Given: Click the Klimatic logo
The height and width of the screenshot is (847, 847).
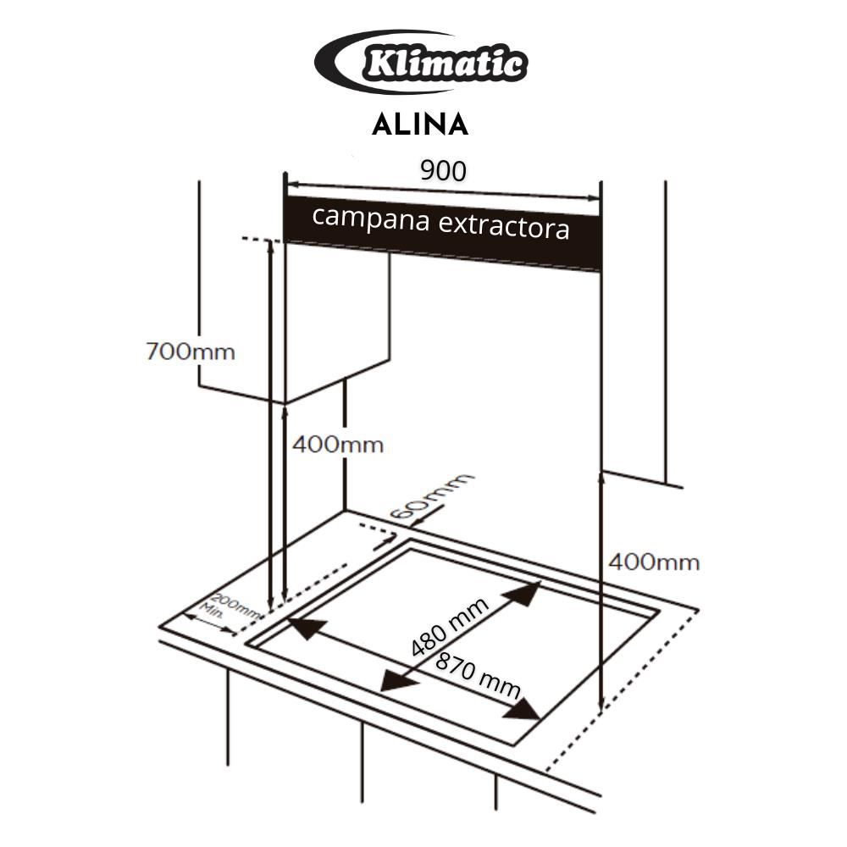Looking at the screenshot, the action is pyautogui.click(x=421, y=62).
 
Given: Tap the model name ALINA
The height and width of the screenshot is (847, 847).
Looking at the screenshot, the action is pyautogui.click(x=420, y=125).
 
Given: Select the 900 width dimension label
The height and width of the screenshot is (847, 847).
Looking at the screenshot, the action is pyautogui.click(x=443, y=171).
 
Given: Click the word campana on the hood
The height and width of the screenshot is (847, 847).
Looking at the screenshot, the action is pyautogui.click(x=371, y=219).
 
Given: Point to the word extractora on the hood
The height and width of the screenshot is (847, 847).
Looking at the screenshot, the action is pyautogui.click(x=503, y=227).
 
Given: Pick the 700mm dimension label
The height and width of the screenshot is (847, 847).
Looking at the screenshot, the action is pyautogui.click(x=191, y=352).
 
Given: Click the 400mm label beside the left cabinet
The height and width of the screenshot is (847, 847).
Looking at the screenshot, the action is pyautogui.click(x=338, y=445).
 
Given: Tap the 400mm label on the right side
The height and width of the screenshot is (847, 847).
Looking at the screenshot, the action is pyautogui.click(x=654, y=562).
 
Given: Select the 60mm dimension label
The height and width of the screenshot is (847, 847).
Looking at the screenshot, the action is pyautogui.click(x=430, y=495).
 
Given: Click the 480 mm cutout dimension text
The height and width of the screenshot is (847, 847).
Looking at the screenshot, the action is pyautogui.click(x=450, y=627).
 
